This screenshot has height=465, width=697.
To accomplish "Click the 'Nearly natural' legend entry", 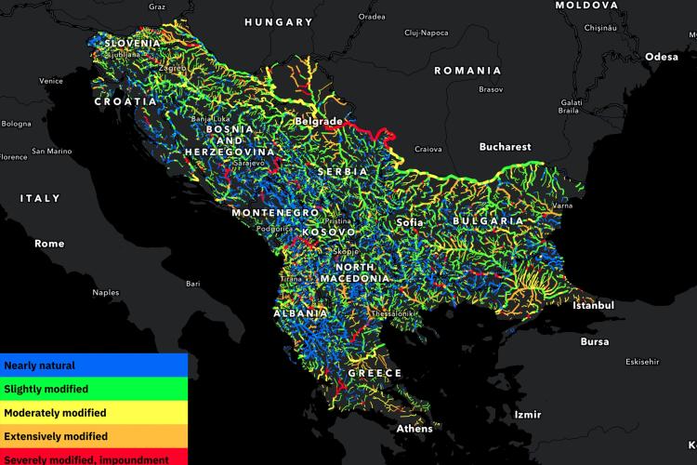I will coord(39,365).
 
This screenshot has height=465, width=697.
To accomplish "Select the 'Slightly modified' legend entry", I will coord(46,389).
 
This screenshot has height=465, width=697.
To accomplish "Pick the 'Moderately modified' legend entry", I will coord(55,412).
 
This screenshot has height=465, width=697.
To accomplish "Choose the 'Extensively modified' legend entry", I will coord(56,435).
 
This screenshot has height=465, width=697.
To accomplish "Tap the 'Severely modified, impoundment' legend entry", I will coord(86,458).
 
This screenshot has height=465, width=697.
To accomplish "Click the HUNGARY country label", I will coord(279,21).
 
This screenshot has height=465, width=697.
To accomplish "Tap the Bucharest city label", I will coord(505,147).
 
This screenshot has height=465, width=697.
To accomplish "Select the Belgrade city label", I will coord(319,121).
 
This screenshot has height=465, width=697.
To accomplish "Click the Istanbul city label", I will coord(594,305).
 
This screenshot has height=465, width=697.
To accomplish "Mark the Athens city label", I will coord(414,429).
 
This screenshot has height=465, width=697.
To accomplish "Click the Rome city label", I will coord(49,244).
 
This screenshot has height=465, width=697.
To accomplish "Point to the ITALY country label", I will coord(40,198).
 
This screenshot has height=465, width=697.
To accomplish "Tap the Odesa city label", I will coord(662,57).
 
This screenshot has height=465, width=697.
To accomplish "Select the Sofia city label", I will coord(409,223).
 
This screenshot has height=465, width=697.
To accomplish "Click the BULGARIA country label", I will coord(489,221).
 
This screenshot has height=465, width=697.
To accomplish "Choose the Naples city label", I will coord(105,293).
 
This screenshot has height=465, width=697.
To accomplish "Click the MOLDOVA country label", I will coord(586,6).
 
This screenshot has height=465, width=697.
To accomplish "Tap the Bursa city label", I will coord(594,342).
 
